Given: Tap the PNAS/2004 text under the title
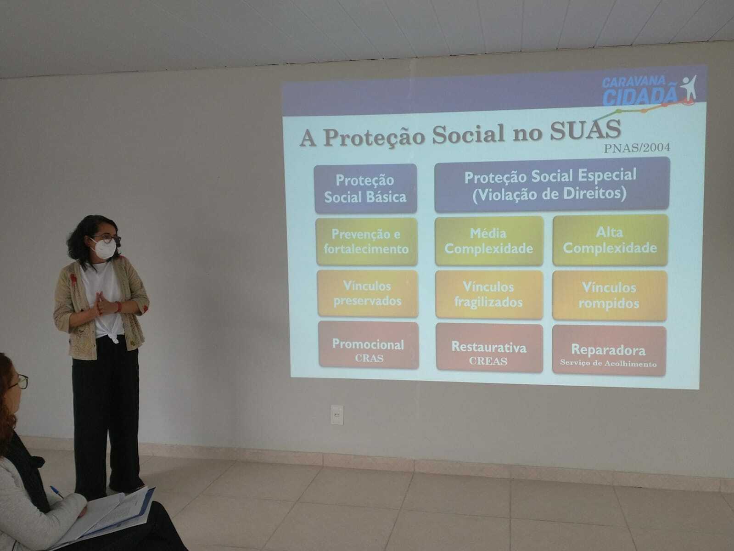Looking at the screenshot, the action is (637, 148).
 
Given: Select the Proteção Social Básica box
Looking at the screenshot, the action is (365, 189).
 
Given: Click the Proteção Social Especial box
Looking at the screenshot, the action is (551, 185).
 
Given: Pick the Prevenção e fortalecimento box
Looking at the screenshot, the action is (366, 242).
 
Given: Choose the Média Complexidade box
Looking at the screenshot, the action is (489, 241).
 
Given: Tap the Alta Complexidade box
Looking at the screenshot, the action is (610, 241).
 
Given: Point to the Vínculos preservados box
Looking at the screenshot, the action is (367, 293).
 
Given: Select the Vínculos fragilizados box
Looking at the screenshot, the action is (489, 295).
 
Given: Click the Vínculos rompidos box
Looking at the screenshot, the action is (609, 296).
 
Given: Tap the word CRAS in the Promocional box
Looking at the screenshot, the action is (369, 359).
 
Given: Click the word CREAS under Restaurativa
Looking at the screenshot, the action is (488, 361).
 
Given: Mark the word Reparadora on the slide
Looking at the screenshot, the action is (608, 349).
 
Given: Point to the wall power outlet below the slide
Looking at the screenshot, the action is (337, 415).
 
